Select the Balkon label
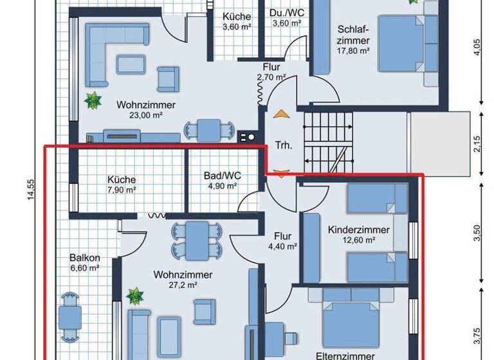[85, 258]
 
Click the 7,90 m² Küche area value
[122, 190]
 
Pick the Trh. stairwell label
[284, 145]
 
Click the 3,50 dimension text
[476, 232]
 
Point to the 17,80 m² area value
[352, 50]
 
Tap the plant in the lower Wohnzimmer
[135, 296]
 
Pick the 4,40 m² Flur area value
[282, 246]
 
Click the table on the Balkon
[69, 316]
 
